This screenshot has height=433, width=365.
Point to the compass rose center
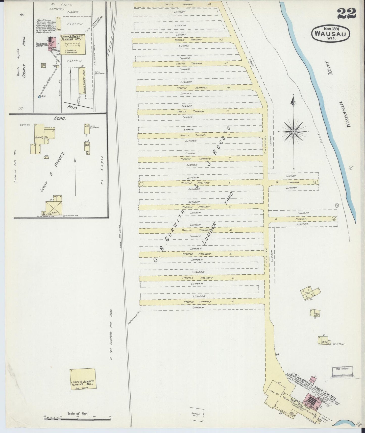point(294,132)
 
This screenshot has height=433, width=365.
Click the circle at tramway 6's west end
point(141,184)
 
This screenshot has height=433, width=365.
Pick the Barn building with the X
point(54,208)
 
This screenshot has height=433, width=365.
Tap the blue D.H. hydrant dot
point(39,96)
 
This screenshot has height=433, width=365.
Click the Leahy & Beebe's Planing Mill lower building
point(84,377)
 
